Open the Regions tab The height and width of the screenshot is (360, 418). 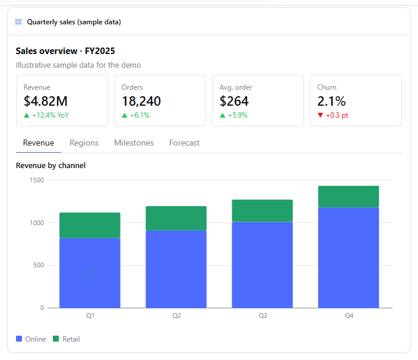[x=84, y=143]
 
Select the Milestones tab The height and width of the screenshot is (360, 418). [x=134, y=143]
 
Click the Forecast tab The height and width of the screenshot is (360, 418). [x=184, y=143]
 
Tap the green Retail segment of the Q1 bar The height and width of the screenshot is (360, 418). [x=90, y=225]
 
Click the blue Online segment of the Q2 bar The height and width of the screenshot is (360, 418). [x=176, y=269]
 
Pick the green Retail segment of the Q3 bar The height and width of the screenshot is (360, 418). [x=262, y=211]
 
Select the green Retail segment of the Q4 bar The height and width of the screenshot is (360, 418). [x=349, y=197]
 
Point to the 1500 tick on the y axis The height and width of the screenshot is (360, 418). [x=37, y=180]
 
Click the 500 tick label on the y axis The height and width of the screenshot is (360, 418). [x=39, y=266]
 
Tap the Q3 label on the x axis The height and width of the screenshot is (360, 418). [x=262, y=315]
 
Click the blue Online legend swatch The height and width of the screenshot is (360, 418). [x=19, y=339]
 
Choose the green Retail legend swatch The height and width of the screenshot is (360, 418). [x=56, y=339]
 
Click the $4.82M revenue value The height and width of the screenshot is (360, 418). [x=46, y=102]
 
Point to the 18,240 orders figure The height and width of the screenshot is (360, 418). [x=141, y=102]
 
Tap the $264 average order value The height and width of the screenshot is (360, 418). [x=234, y=102]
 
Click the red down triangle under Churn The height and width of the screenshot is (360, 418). [x=321, y=115]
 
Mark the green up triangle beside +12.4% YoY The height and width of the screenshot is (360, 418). [x=26, y=115]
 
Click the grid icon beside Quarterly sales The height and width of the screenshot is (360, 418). [x=18, y=22]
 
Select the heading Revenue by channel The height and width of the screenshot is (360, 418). [x=50, y=166]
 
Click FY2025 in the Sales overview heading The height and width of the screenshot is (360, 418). [x=100, y=51]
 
